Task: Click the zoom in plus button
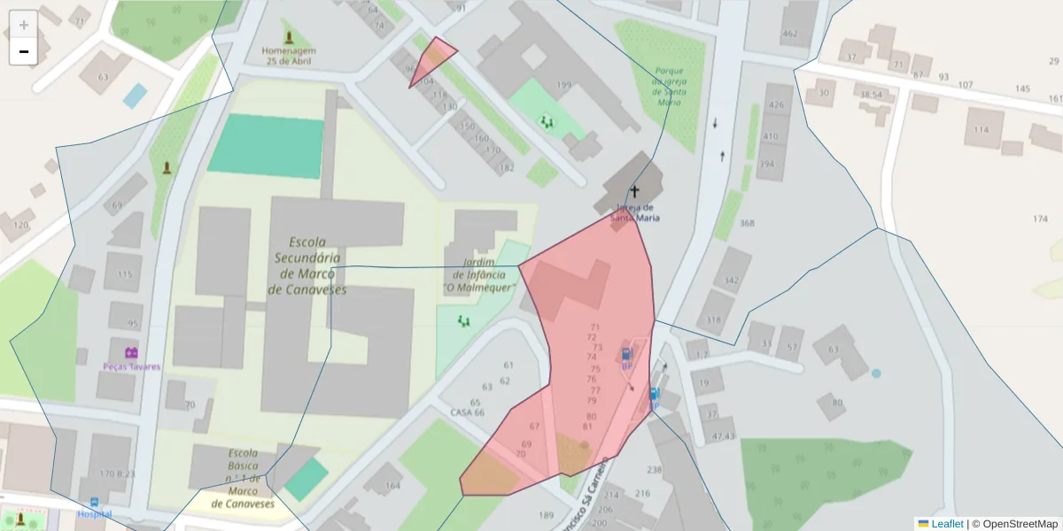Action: tap(24, 25)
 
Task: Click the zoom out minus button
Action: tap(24, 51)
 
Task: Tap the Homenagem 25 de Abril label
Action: tap(289, 56)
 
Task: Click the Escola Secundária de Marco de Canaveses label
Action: tap(306, 265)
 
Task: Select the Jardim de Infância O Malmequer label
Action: tap(478, 275)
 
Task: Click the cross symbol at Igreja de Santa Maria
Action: tap(634, 190)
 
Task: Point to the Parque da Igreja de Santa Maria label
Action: tap(669, 86)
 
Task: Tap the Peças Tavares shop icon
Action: tap(131, 352)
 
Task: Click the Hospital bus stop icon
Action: tap(95, 502)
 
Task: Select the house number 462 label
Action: tap(789, 34)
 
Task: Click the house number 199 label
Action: tap(563, 85)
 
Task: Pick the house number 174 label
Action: tap(1040, 219)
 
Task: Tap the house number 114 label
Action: tap(981, 130)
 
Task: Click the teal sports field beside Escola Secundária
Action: tap(266, 146)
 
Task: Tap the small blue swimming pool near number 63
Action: tap(135, 95)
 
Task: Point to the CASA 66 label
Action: tap(468, 412)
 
